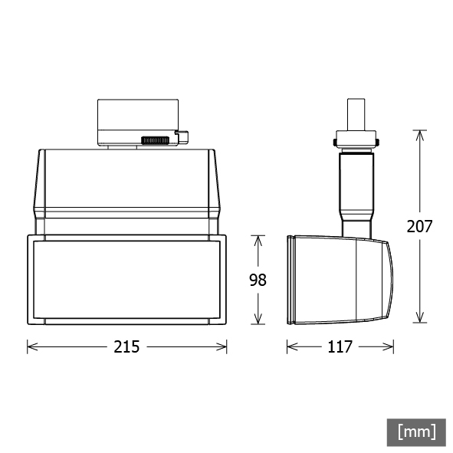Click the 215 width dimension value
tap(127, 346)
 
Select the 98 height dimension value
tap(258, 280)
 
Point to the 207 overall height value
tap(419, 226)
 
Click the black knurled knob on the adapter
tap(156, 140)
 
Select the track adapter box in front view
tap(136, 120)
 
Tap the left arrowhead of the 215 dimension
tap(31, 346)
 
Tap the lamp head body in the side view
tap(341, 279)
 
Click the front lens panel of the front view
tap(127, 279)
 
